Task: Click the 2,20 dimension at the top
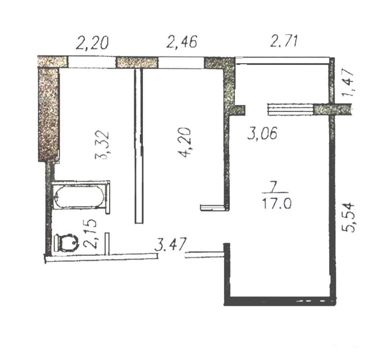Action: point(92,43)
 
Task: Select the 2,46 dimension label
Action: point(182,42)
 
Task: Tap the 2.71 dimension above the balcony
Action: point(284,41)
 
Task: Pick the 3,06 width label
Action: point(262,133)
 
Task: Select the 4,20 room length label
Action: point(184,142)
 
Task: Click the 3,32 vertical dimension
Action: point(102,145)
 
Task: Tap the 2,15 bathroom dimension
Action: point(89,234)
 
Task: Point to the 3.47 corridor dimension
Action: point(171,244)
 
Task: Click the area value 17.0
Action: point(277,203)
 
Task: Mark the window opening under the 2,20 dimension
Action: point(92,62)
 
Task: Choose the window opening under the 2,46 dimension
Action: point(181,62)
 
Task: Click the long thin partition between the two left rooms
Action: point(139,146)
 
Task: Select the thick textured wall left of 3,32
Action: point(48,114)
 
